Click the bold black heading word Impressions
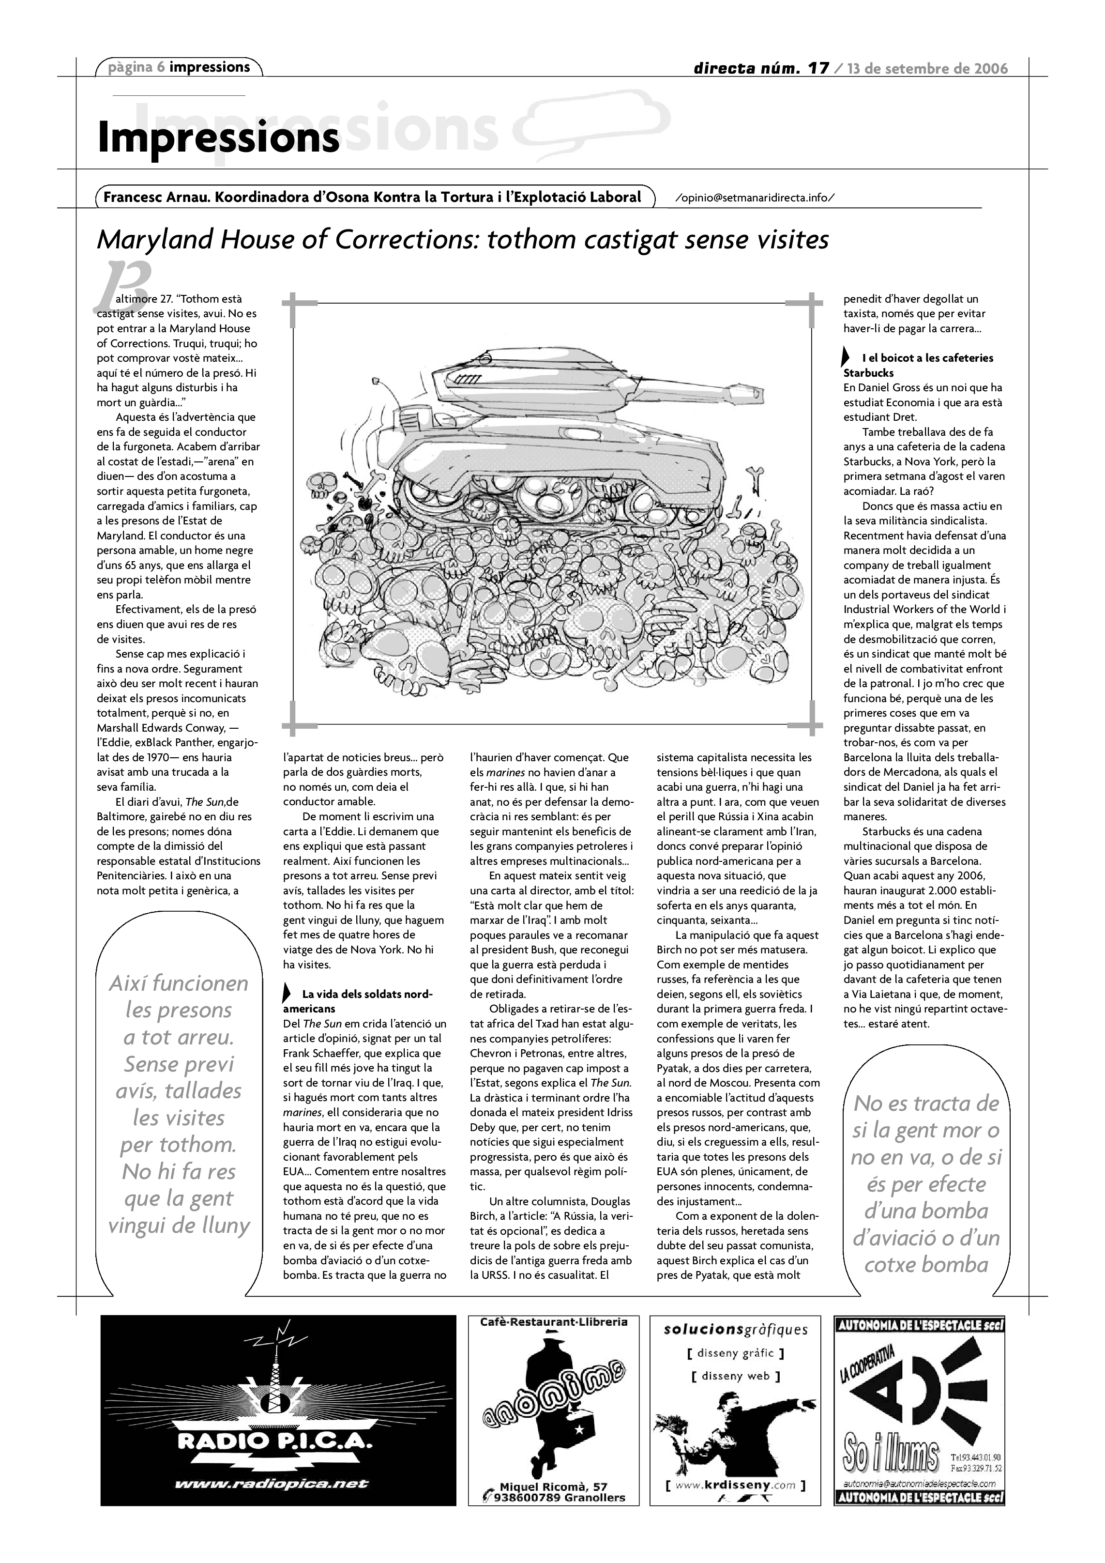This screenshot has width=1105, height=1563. (218, 138)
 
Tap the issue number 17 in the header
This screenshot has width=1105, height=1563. (818, 68)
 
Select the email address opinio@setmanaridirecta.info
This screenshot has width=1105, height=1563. (755, 198)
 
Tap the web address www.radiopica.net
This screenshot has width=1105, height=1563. (272, 1484)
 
